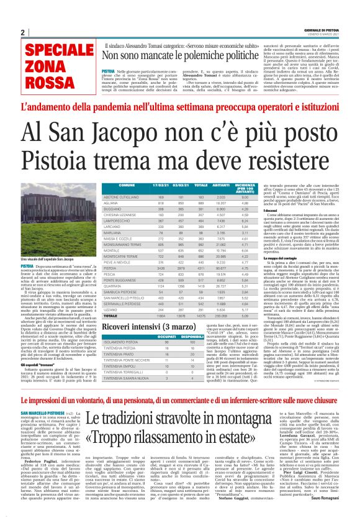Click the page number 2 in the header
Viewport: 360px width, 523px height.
click(22, 32)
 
